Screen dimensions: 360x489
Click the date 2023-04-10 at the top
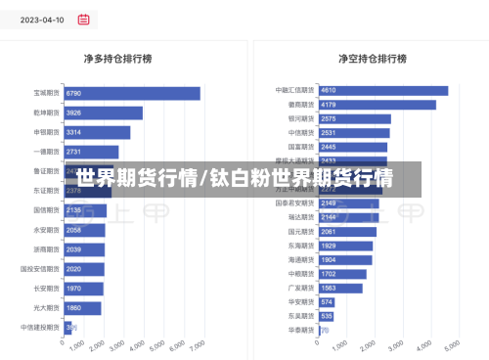[x=42, y=19]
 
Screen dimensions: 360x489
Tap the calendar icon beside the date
[x=83, y=19]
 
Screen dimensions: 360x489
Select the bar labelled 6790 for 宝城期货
[x=132, y=93]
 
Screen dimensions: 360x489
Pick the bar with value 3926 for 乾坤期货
[x=104, y=112]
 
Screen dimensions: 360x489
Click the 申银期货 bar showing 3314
[x=97, y=132]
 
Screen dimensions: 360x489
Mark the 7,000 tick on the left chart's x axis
[x=198, y=345]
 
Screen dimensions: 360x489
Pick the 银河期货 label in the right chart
[x=301, y=118]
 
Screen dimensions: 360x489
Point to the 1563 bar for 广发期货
[x=340, y=288]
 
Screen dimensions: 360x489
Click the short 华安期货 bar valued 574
[x=326, y=302]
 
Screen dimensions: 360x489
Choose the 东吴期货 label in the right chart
[x=301, y=316]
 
